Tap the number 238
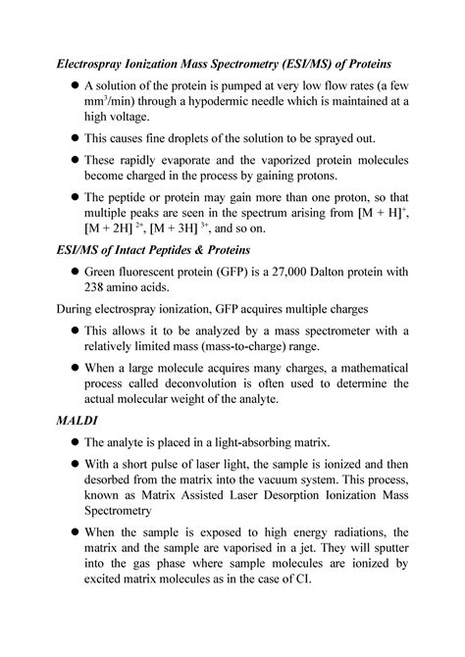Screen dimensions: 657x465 click(x=100, y=285)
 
